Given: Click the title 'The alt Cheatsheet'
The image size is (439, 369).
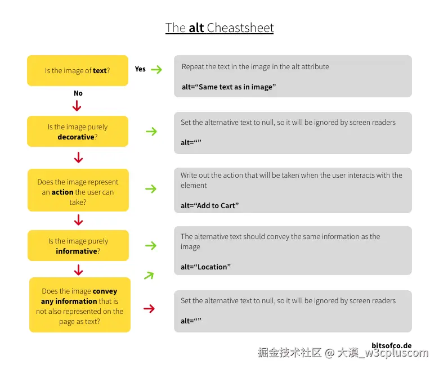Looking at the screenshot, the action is [219, 28].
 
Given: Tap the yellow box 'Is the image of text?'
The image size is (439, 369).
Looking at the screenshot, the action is [78, 70].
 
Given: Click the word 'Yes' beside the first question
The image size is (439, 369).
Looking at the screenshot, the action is [140, 69].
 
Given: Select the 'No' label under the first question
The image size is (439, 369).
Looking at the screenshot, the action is [78, 93].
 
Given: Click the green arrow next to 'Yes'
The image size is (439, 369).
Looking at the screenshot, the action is [156, 70].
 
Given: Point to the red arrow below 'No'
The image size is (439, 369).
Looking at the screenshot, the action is [78, 105].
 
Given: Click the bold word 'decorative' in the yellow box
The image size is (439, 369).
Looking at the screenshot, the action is [76, 137].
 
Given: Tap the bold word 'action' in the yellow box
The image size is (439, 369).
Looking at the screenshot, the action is [62, 192].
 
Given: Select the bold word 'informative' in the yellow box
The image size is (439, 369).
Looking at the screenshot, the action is [77, 251].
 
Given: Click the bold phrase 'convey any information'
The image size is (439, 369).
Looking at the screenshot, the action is [79, 296].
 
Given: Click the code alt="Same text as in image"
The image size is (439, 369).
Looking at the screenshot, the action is [229, 87].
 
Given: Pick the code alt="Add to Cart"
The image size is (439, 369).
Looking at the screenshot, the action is [210, 205].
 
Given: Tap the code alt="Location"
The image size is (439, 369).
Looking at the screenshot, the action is [206, 267].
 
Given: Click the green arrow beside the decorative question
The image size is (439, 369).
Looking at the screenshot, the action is [151, 132].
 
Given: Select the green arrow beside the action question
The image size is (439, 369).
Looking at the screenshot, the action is [151, 189].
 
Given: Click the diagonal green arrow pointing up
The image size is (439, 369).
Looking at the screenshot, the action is [149, 275].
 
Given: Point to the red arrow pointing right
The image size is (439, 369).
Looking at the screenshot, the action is [149, 308].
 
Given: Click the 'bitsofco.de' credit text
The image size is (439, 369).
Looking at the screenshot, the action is [392, 345].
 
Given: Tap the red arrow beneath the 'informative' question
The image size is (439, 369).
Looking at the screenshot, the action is [79, 271].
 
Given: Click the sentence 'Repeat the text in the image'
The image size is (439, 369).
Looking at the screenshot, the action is [255, 67].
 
